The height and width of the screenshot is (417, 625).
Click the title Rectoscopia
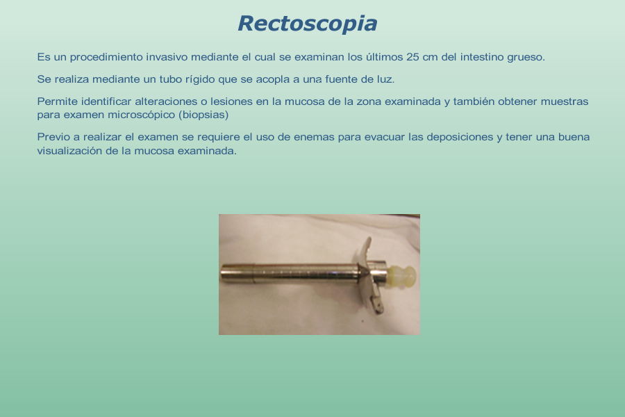click(x=308, y=24)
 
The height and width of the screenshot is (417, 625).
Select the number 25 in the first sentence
click(x=412, y=57)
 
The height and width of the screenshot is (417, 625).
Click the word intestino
click(x=482, y=57)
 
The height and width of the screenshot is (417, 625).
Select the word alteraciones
click(x=166, y=101)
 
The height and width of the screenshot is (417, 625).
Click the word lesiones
click(x=231, y=101)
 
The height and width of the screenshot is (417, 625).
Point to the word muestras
click(x=565, y=101)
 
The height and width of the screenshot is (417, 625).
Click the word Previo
click(x=53, y=138)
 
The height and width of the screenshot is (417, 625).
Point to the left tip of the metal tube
click(x=222, y=273)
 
